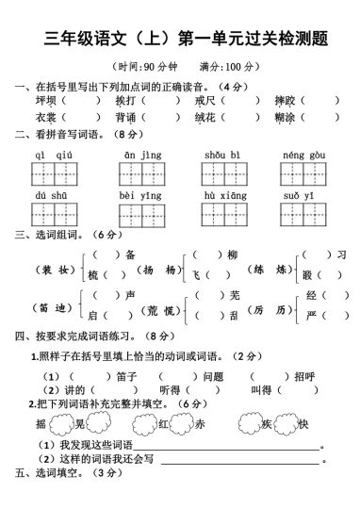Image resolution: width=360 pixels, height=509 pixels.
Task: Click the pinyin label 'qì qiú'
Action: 54,154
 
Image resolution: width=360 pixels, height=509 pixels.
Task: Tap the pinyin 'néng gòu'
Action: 303,154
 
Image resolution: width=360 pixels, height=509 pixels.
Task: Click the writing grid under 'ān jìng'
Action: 140,173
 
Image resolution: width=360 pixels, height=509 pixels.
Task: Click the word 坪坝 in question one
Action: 45,99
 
